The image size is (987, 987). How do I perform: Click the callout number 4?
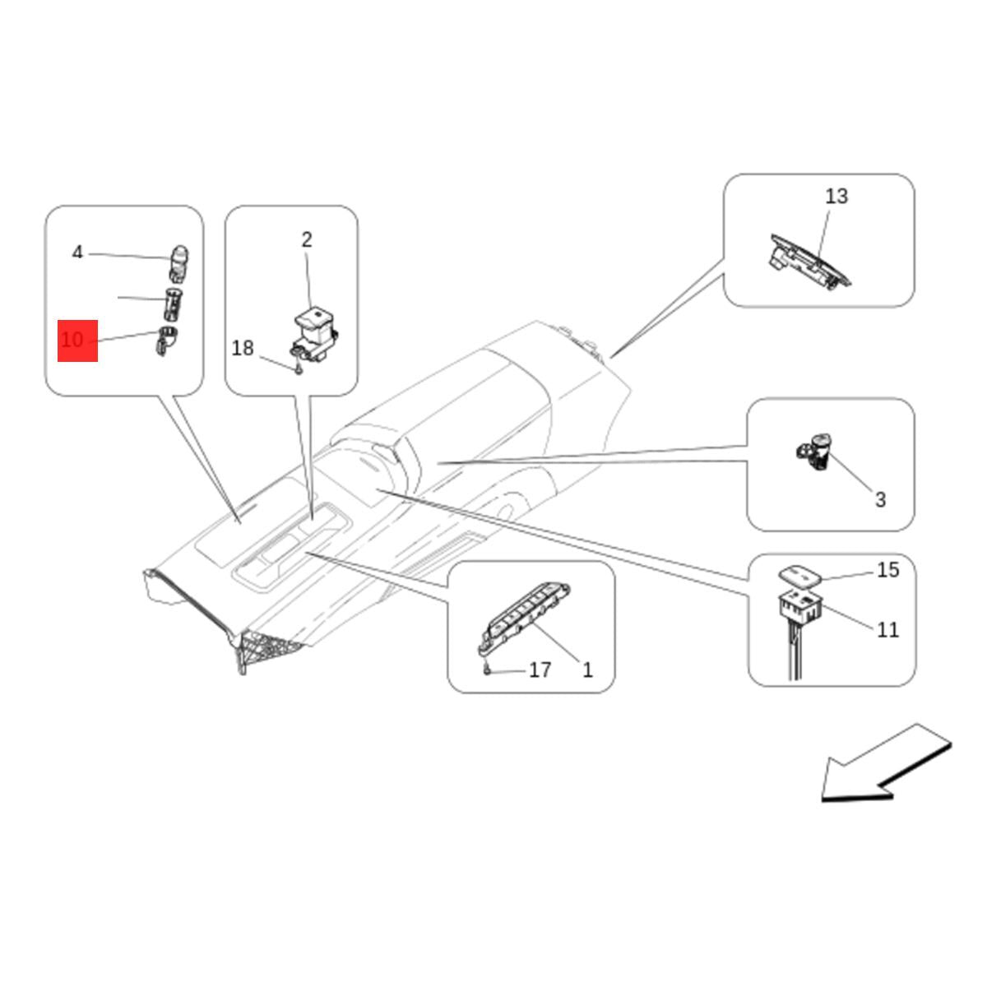coord(77,252)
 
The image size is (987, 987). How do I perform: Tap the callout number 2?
coord(306,239)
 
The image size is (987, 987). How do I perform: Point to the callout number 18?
coord(243,348)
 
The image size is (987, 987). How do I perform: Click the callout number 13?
coord(836,197)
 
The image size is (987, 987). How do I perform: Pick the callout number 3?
coord(880,499)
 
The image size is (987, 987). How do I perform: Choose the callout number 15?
coord(887,570)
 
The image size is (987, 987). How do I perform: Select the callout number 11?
coord(887,630)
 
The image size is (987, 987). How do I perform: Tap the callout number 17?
coord(540,670)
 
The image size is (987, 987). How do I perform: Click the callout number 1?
coord(587,670)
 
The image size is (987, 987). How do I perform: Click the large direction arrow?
coord(885,763)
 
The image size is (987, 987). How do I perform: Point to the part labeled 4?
coord(178,264)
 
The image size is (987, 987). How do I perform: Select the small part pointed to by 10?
coord(166,340)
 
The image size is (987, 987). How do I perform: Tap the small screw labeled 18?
coord(299,369)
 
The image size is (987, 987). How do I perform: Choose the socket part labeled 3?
coord(814,452)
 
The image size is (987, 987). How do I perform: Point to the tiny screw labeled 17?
coord(487,669)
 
